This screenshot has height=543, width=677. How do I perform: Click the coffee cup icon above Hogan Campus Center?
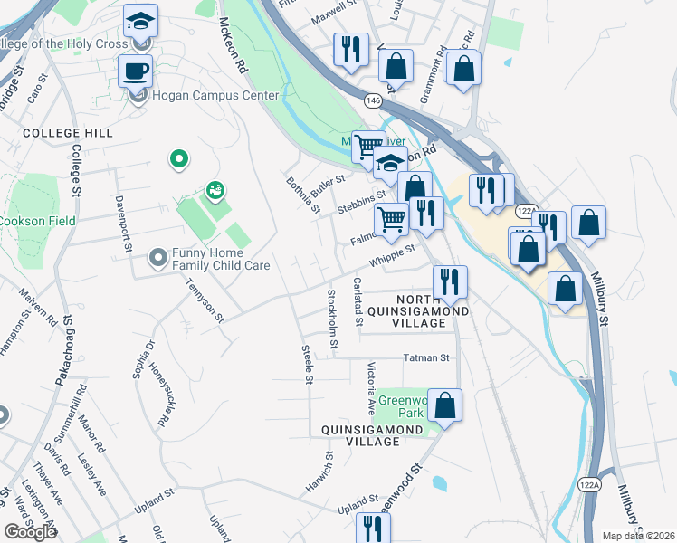point(136,70)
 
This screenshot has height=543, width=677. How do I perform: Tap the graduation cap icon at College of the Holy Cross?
point(139,20)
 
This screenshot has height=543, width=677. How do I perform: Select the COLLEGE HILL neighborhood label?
point(68,133)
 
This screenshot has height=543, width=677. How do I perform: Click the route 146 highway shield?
point(373,100)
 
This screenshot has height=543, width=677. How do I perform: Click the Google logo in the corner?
point(30,532)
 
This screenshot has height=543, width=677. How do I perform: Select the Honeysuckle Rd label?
point(159,397)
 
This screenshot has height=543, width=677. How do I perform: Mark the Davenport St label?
point(121,222)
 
